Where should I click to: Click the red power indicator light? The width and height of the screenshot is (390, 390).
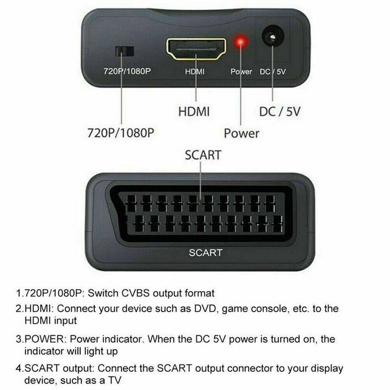point(240,42)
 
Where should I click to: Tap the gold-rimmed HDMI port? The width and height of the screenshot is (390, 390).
point(196,49)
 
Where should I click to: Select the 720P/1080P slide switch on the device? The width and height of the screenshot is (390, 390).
point(125,51)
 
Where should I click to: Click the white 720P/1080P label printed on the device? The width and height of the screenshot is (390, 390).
point(127,71)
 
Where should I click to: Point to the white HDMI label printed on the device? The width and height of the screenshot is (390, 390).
point(195,71)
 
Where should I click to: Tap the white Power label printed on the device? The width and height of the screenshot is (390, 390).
point(241,71)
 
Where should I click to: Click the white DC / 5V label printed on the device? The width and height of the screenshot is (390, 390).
point(272,71)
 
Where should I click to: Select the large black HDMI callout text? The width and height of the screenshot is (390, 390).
point(194,111)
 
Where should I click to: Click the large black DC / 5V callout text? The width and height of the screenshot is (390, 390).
point(279,112)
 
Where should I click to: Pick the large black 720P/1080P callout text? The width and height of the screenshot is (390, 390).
point(121,133)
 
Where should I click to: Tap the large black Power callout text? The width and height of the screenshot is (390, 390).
point(241,133)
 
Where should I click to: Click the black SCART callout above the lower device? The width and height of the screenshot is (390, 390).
point(203,155)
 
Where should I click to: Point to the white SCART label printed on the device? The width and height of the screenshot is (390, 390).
point(205,253)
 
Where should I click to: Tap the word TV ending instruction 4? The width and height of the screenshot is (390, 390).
point(114,380)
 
